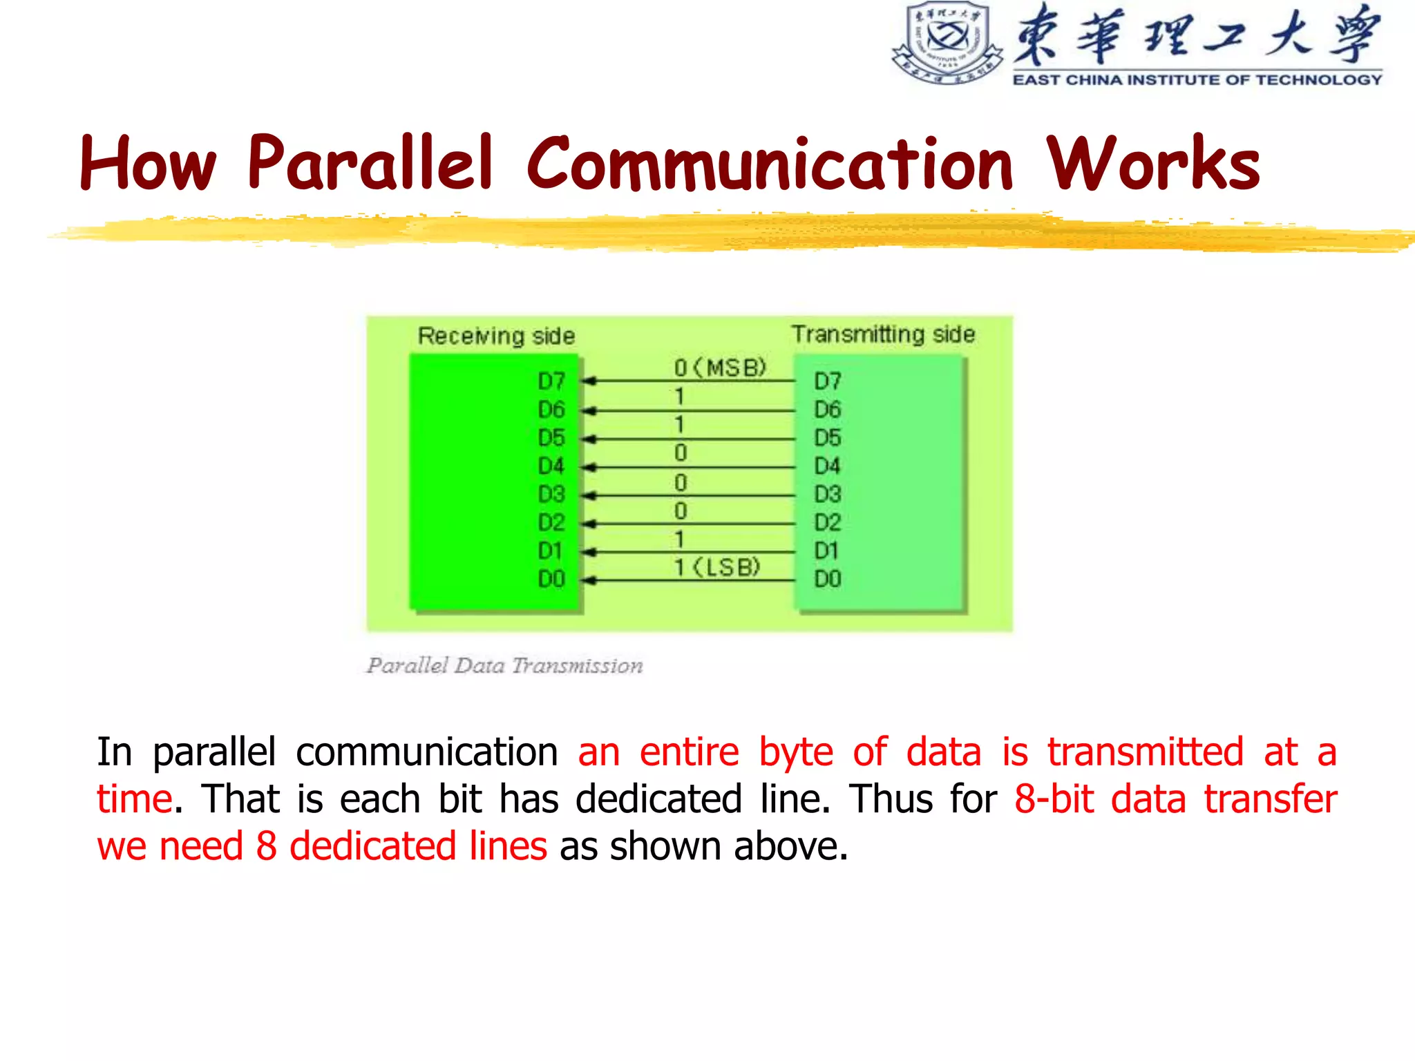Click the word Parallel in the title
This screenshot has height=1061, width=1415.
[370, 164]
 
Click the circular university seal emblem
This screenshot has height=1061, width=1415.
[947, 43]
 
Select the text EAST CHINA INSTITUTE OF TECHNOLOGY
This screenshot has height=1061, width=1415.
[1197, 80]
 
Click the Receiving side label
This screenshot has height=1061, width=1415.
[496, 336]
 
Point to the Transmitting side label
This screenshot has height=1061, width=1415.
[883, 334]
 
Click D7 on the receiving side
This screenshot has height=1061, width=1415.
[551, 381]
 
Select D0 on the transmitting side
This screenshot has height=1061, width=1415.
[828, 579]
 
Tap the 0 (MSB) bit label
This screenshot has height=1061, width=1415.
[720, 367]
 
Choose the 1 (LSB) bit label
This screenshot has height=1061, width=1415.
[717, 567]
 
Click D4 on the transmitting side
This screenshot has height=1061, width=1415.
[828, 466]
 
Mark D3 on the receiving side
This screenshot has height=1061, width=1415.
[551, 495]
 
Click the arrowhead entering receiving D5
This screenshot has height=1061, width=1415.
[589, 439]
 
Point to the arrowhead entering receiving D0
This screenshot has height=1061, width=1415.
[589, 580]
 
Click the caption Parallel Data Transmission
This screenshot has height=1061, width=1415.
[504, 665]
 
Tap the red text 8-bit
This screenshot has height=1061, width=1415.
[1054, 800]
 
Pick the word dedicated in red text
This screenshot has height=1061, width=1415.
[372, 846]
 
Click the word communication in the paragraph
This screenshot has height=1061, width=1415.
[426, 752]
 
